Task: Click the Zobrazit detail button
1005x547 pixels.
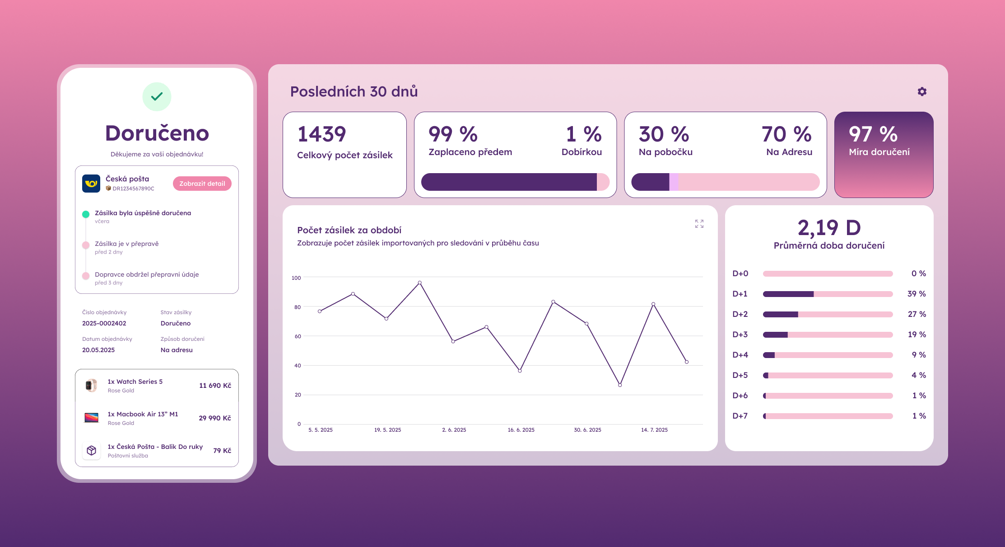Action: (202, 184)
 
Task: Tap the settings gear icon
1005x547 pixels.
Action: (922, 92)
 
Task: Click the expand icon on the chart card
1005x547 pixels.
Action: (699, 224)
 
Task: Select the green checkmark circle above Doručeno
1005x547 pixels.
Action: (157, 97)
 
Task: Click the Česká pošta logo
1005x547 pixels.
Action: (91, 184)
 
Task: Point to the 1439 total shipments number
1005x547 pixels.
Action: (321, 134)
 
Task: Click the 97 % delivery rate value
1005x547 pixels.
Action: (873, 134)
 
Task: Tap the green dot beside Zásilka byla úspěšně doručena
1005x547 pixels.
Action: (86, 214)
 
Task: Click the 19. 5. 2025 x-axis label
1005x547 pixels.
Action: (387, 430)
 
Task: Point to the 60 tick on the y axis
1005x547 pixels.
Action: (298, 336)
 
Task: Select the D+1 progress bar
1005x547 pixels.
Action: (828, 294)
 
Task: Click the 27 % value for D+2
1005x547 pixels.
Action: (917, 314)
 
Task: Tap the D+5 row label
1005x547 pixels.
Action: (740, 375)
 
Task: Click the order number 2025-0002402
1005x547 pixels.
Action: (104, 323)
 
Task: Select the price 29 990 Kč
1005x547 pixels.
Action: (215, 418)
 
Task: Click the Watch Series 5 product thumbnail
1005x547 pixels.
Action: (91, 386)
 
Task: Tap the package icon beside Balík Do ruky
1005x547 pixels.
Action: (91, 451)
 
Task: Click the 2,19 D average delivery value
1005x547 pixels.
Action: (829, 228)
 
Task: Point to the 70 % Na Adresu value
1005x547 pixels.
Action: (786, 134)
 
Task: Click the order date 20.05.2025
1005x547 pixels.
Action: (98, 350)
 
